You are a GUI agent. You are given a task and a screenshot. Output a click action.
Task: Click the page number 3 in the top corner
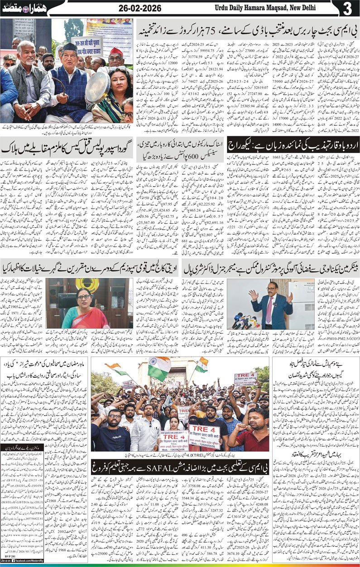[x=347, y=8]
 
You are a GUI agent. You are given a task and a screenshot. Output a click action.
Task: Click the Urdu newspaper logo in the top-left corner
[x=22, y=8]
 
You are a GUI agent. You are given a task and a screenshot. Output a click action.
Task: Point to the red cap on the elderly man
[x=117, y=52]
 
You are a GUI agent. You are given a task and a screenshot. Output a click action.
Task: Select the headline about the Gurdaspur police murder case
[x=67, y=147]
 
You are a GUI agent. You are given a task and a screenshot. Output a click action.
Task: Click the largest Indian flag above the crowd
[x=159, y=368]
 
